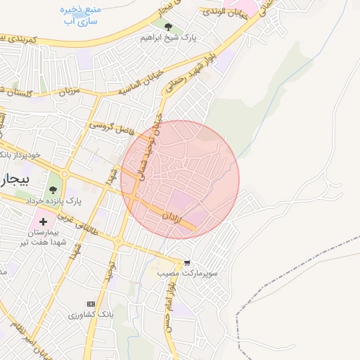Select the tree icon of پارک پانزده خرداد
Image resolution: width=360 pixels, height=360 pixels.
click(53, 190)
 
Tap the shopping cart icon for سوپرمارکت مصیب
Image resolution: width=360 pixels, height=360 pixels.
click(186, 263)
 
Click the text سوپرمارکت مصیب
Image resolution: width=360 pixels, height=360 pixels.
click(188, 272)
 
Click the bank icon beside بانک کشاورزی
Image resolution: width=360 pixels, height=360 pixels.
click(90, 304)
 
